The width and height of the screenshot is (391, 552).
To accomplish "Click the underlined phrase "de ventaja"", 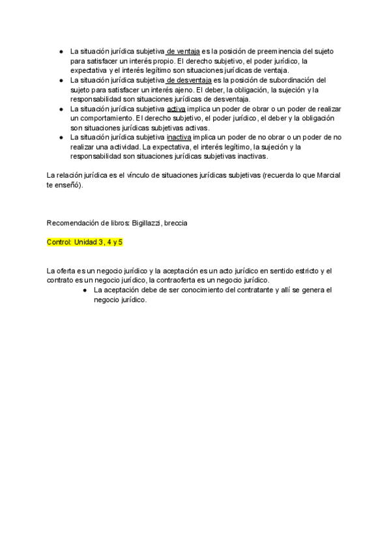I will [x=183, y=51].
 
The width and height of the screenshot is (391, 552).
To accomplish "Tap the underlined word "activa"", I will [x=176, y=109].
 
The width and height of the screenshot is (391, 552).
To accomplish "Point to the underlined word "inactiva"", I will [x=179, y=138].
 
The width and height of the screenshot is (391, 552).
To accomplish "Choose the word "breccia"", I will [x=175, y=223].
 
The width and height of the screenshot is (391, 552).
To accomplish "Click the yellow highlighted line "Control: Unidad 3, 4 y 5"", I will [x=85, y=242].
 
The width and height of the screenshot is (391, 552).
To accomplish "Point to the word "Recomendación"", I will [x=73, y=223].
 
